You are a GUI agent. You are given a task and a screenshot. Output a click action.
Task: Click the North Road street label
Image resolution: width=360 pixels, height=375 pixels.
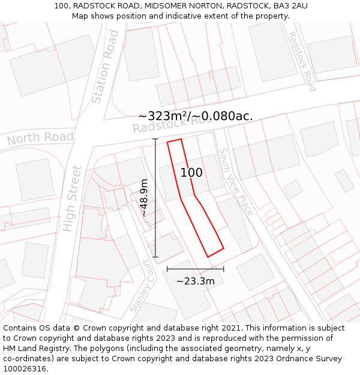point(40,138)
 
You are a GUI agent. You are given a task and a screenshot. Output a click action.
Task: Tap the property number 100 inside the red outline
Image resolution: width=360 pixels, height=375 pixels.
point(191,173)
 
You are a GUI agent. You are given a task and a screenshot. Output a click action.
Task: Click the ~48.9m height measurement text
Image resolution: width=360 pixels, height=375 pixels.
point(145,197)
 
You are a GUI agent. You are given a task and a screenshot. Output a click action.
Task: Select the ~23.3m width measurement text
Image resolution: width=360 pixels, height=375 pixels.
point(195,280)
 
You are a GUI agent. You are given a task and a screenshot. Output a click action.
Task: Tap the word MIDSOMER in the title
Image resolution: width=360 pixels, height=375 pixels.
point(152,6)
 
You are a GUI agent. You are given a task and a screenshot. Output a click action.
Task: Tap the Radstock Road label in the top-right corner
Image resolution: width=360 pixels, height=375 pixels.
point(302,61)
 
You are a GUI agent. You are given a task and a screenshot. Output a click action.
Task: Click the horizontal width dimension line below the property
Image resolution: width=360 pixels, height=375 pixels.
point(195,269)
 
